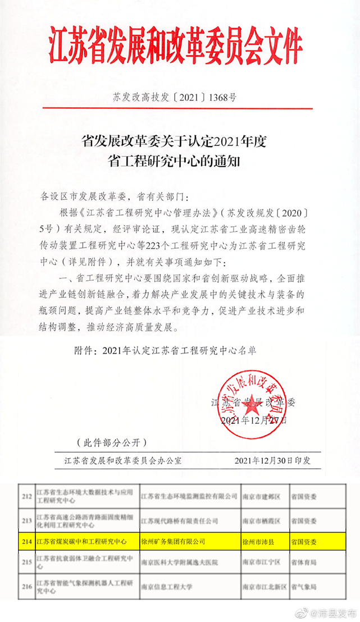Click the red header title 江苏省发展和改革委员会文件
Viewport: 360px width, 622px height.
180,43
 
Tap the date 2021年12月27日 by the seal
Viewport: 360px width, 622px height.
254,420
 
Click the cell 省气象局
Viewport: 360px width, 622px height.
304,587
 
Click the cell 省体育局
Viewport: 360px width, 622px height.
304,562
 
